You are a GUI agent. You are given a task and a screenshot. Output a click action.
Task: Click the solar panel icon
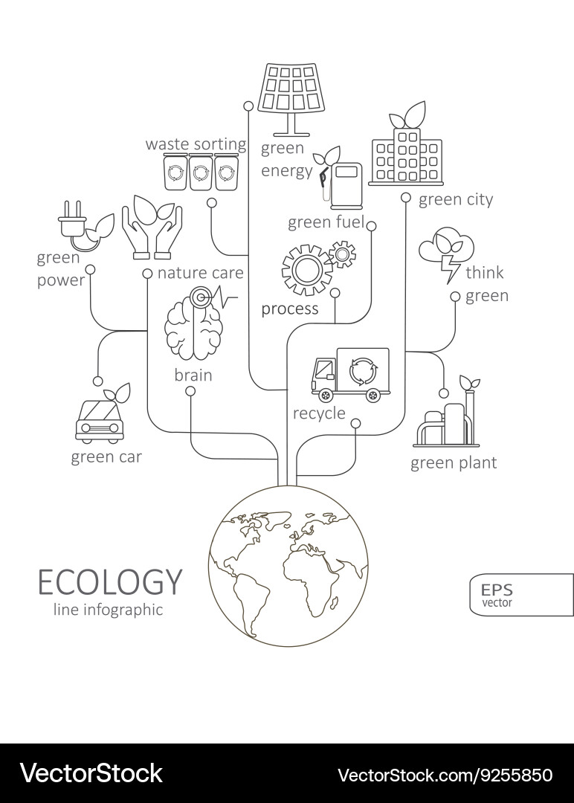click(x=292, y=99)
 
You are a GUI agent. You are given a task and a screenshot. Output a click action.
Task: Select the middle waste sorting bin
click(x=201, y=172)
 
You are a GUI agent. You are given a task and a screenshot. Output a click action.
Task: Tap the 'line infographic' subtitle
click(x=108, y=610)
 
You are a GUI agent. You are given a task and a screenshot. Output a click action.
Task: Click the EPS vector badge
click(x=522, y=595)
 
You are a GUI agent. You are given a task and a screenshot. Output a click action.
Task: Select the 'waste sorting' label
click(x=196, y=144)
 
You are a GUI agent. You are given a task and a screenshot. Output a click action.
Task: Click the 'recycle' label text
click(x=319, y=413)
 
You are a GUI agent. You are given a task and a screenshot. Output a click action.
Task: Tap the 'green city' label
click(x=456, y=199)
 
